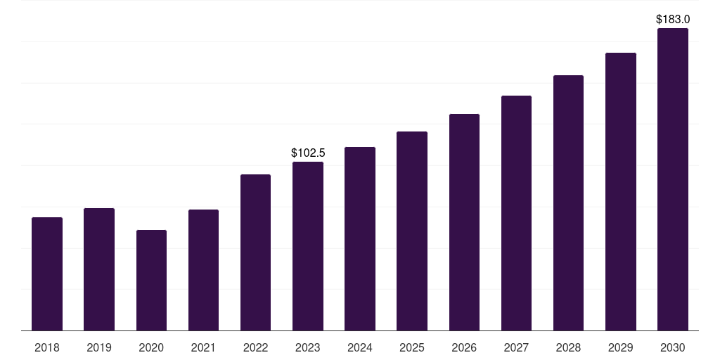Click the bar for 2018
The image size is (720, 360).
[47, 274]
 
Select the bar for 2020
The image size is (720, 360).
[151, 281]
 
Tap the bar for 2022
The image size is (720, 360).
[255, 252]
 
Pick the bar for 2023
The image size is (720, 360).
[308, 246]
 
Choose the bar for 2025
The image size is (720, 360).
[412, 231]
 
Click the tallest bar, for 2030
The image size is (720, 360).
[673, 179]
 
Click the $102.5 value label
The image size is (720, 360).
[308, 153]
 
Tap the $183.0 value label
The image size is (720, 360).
[673, 19]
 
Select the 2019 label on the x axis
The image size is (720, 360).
[99, 348]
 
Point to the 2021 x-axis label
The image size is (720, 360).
[203, 348]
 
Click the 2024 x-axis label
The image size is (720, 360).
[360, 348]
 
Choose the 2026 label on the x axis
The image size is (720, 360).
[464, 348]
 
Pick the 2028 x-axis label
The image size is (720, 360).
[568, 348]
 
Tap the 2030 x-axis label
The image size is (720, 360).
[673, 348]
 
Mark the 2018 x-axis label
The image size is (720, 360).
[47, 348]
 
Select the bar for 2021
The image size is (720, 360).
[203, 270]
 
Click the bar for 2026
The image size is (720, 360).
[464, 222]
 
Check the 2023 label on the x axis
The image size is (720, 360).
[308, 348]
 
